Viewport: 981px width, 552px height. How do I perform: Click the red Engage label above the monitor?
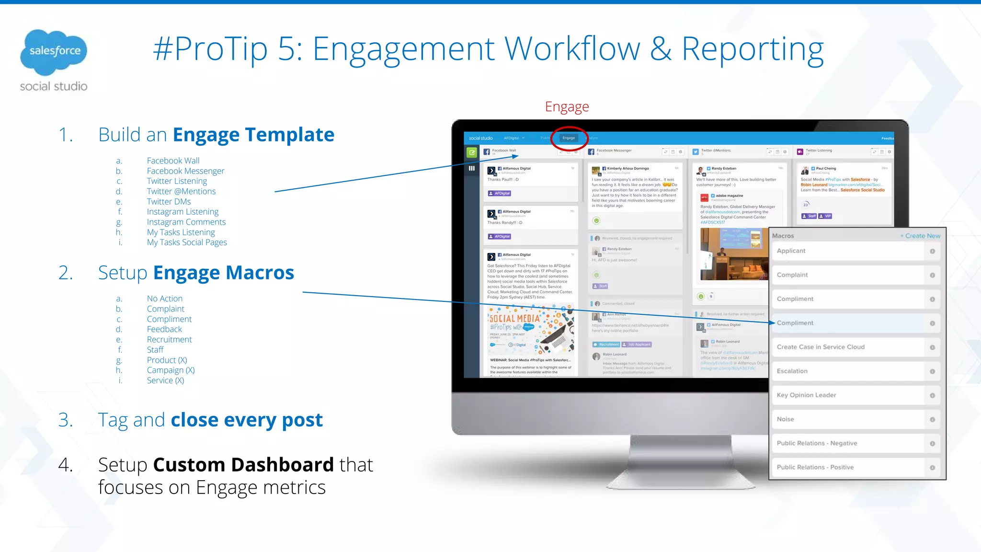(x=567, y=107)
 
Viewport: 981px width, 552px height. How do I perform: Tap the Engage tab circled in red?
(x=569, y=138)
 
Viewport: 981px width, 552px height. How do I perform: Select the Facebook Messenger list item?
(x=185, y=171)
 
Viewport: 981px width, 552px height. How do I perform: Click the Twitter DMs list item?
(x=169, y=202)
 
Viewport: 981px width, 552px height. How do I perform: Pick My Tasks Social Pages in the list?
(x=187, y=242)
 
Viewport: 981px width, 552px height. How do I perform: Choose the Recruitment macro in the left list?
(x=169, y=340)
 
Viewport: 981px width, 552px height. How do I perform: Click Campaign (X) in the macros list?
(x=171, y=370)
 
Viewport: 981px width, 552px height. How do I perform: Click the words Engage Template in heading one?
(x=253, y=135)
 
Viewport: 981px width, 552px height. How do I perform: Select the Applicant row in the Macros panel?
(x=848, y=251)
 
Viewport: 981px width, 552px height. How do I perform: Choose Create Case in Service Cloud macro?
(x=848, y=347)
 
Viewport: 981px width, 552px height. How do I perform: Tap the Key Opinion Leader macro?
(x=848, y=395)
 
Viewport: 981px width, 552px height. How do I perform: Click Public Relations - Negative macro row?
(x=848, y=443)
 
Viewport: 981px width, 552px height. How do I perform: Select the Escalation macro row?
(x=848, y=371)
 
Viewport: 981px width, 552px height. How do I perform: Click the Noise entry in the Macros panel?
(x=848, y=419)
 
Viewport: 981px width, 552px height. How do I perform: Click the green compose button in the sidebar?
(x=472, y=152)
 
